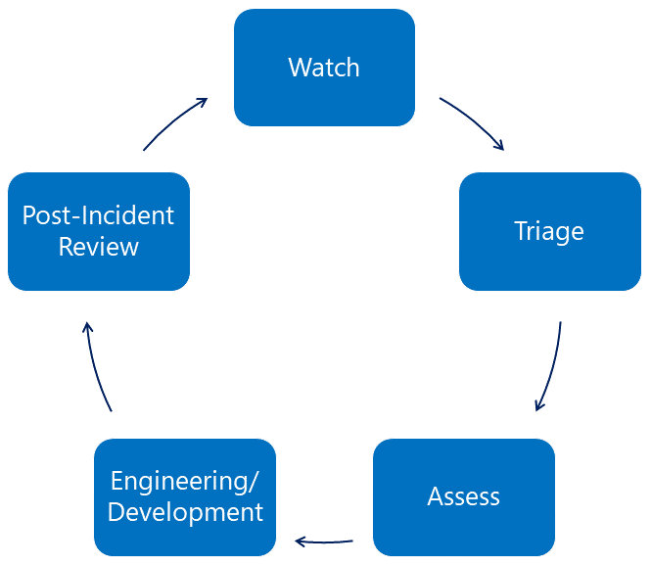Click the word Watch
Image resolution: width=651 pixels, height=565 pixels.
(x=324, y=68)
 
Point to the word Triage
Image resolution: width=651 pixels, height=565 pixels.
(x=549, y=232)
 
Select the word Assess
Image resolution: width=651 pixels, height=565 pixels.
(x=464, y=496)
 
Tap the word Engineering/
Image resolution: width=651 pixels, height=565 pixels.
(x=185, y=481)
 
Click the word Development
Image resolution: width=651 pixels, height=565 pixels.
(x=185, y=512)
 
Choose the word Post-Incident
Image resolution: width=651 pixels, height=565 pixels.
(x=98, y=215)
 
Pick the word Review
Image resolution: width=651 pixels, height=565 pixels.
(x=98, y=247)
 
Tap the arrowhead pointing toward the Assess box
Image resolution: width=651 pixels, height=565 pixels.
(x=538, y=405)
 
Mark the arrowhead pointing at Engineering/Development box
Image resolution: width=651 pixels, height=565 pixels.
(x=301, y=540)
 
